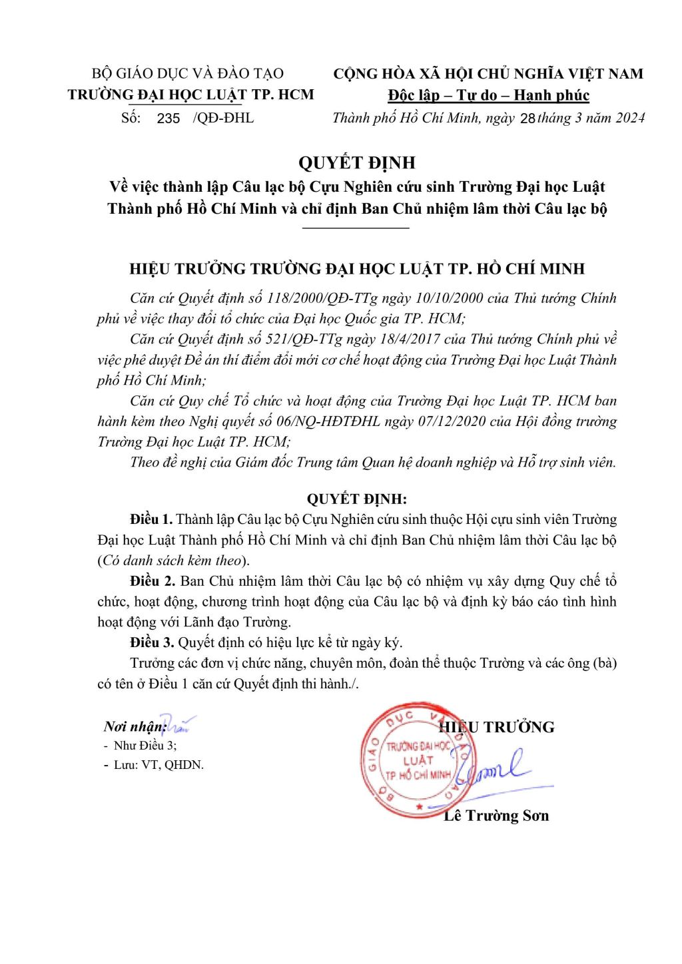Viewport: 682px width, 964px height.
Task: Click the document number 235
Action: click(x=169, y=119)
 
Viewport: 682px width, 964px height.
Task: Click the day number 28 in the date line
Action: click(x=527, y=119)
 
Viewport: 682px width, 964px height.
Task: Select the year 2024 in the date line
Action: click(x=630, y=118)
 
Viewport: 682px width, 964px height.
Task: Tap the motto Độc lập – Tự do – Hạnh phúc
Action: click(x=489, y=95)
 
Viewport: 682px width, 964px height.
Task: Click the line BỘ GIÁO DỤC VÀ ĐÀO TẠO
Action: click(x=188, y=73)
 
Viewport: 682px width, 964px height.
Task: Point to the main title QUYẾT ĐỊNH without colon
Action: click(x=357, y=162)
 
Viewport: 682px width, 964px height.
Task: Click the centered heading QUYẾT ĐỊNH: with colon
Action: click(x=356, y=499)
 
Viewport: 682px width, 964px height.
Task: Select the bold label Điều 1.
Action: click(x=151, y=519)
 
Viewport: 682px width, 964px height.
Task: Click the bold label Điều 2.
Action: click(x=153, y=581)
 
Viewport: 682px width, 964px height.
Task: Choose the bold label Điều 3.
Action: click(x=152, y=642)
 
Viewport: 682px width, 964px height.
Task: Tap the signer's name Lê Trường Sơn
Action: click(x=496, y=816)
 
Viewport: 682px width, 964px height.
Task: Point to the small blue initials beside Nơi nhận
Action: click(x=178, y=722)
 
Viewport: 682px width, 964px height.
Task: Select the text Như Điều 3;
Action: click(x=145, y=746)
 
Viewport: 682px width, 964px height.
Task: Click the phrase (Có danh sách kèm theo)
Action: click(x=174, y=561)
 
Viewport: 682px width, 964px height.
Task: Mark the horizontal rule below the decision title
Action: click(x=356, y=228)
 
